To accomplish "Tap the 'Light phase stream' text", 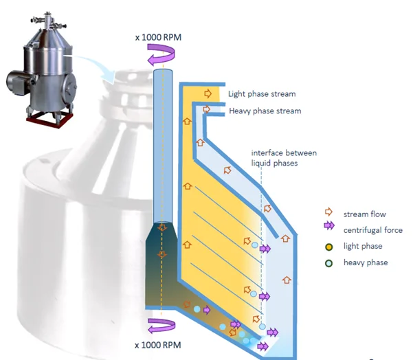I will [263, 93].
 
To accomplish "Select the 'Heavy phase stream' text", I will [265, 111].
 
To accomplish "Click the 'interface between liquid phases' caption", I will [283, 157].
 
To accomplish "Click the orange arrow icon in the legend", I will [328, 212].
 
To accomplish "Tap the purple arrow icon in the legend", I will [329, 230].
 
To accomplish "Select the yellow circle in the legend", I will [328, 246].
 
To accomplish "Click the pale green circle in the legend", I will [328, 262].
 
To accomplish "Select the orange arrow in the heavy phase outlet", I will [207, 109].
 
